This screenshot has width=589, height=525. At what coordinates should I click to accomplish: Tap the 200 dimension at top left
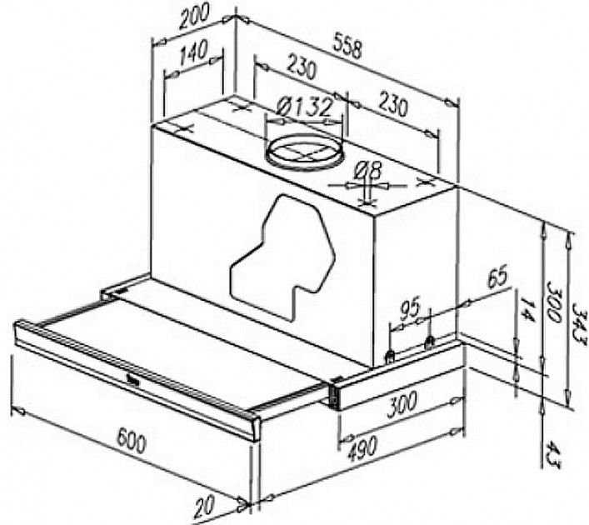pyautogui.click(x=194, y=17)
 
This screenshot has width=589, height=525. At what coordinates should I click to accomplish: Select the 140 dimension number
pyautogui.click(x=193, y=52)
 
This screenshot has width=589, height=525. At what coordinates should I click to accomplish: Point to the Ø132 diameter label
pyautogui.click(x=304, y=107)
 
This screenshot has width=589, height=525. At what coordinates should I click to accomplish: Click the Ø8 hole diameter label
pyautogui.click(x=368, y=171)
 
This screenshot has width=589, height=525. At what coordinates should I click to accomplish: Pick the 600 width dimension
pyautogui.click(x=131, y=441)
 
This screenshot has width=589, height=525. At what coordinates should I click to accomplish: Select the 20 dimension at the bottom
pyautogui.click(x=204, y=506)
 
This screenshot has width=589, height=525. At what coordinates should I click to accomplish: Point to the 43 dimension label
pyautogui.click(x=552, y=456)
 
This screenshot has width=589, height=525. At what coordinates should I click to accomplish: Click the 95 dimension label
pyautogui.click(x=409, y=309)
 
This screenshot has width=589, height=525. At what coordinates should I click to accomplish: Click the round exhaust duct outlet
pyautogui.click(x=305, y=152)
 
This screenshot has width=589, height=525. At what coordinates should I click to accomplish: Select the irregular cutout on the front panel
pyautogui.click(x=282, y=257)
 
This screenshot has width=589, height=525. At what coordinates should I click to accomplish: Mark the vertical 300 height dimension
pyautogui.click(x=553, y=302)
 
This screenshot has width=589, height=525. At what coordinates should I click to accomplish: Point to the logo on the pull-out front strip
pyautogui.click(x=134, y=383)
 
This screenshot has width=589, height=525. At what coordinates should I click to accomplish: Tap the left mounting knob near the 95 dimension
pyautogui.click(x=391, y=355)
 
